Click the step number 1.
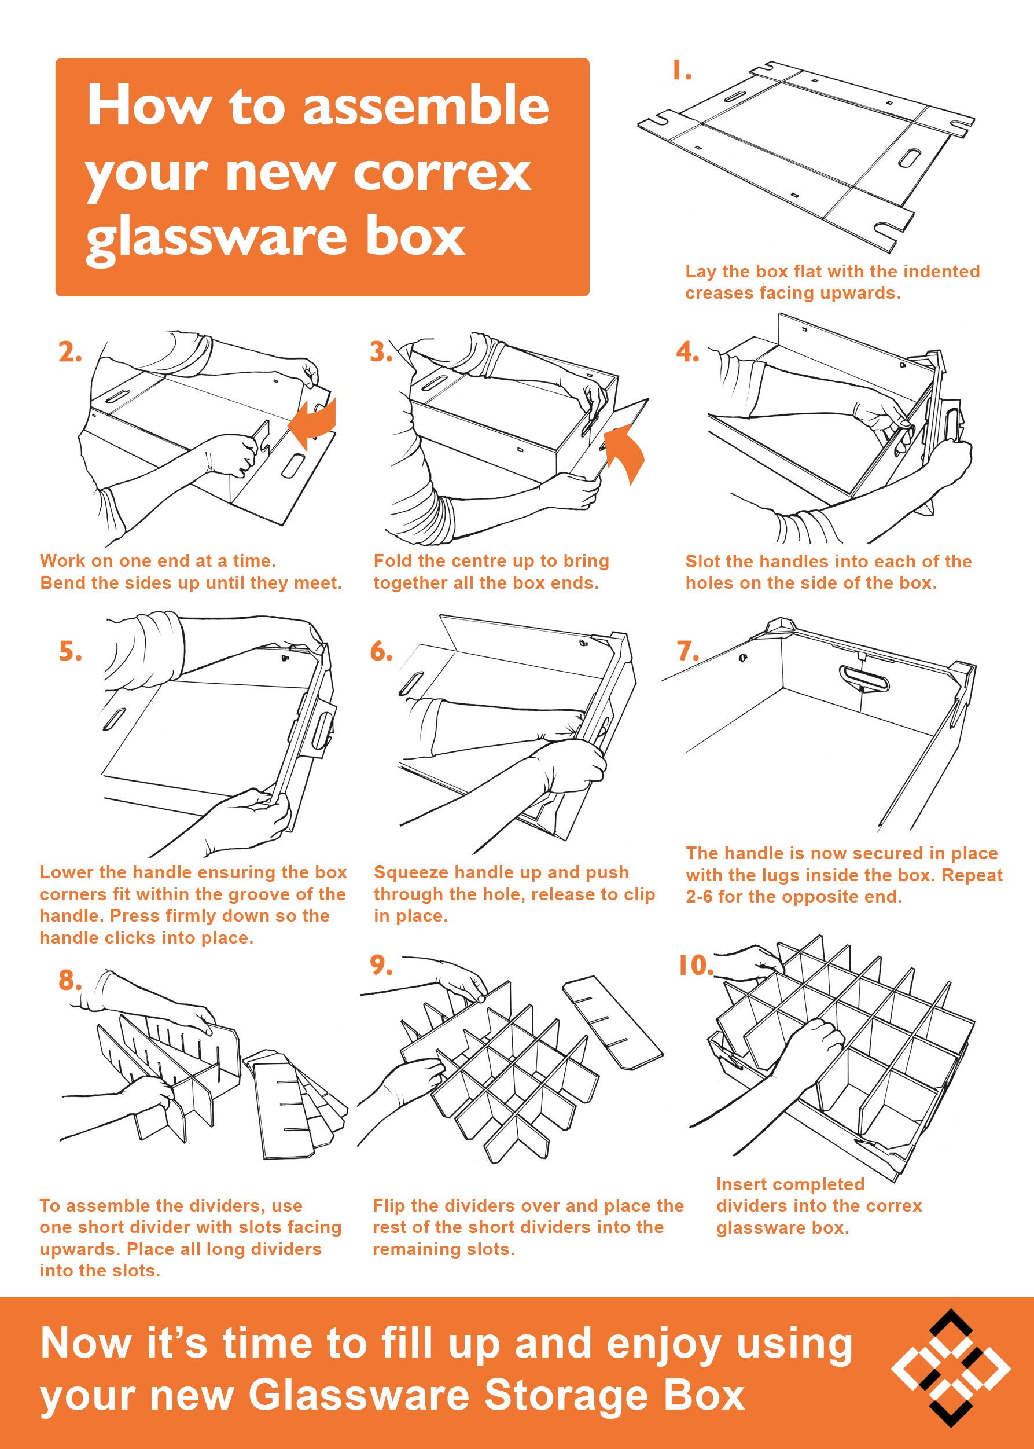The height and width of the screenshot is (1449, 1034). pyautogui.click(x=682, y=71)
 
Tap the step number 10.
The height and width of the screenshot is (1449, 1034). pyautogui.click(x=696, y=966)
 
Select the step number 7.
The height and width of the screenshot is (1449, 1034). pyautogui.click(x=687, y=652)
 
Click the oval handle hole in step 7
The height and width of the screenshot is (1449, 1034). pyautogui.click(x=864, y=677)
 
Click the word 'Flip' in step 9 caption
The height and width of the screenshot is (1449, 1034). pyautogui.click(x=388, y=1205)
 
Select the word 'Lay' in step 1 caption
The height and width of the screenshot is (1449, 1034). pyautogui.click(x=700, y=272)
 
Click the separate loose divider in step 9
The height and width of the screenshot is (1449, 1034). pyautogui.click(x=612, y=1022)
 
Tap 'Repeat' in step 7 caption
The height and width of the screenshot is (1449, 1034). pyautogui.click(x=972, y=875)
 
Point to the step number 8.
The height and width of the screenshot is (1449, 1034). pyautogui.click(x=70, y=980)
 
